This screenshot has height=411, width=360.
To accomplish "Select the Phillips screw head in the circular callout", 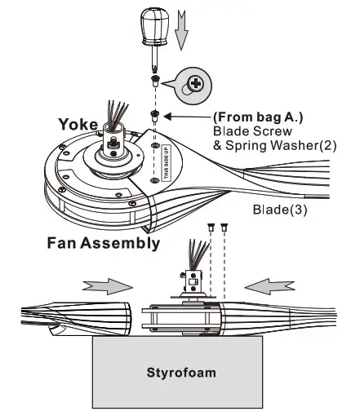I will tap(196, 83).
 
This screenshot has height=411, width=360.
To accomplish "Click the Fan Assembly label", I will tap(104, 243).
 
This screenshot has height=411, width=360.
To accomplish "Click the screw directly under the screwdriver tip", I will tap(153, 80).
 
